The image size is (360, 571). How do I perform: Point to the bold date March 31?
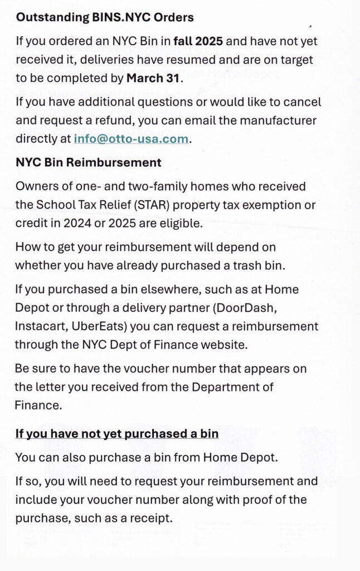click(154, 78)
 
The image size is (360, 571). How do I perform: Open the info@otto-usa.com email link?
click(131, 139)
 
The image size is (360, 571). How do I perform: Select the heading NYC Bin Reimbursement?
click(89, 162)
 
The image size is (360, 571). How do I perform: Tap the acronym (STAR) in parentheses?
click(152, 205)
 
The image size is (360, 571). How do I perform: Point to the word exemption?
click(275, 205)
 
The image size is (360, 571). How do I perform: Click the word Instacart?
click(39, 326)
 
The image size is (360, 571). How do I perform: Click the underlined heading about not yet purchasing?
click(116, 433)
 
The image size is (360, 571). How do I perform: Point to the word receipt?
click(148, 517)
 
